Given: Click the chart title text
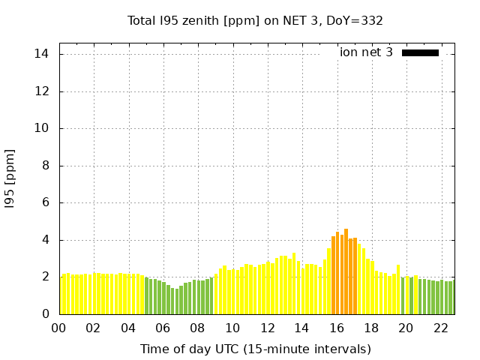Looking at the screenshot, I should coord(255,20).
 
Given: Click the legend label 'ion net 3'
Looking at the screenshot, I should coord(366,52).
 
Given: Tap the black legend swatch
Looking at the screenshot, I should coord(420,52).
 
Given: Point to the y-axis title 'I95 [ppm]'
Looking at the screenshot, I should coord(10,178).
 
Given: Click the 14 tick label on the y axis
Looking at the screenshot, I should coord(41,54).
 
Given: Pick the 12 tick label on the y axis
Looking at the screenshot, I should coord(41,91).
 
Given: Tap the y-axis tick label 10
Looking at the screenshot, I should coord(41,128).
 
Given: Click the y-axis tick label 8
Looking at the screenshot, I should coord(44,166).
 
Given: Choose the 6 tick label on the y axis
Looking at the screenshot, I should coord(44,202).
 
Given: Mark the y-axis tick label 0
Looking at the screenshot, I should coord(44,314).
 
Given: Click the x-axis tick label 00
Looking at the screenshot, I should coord(58,328).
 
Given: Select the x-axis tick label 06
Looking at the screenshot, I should coord(163,328).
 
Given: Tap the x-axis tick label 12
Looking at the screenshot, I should coord(267,328).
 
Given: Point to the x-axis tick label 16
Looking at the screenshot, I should coord(337,328).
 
